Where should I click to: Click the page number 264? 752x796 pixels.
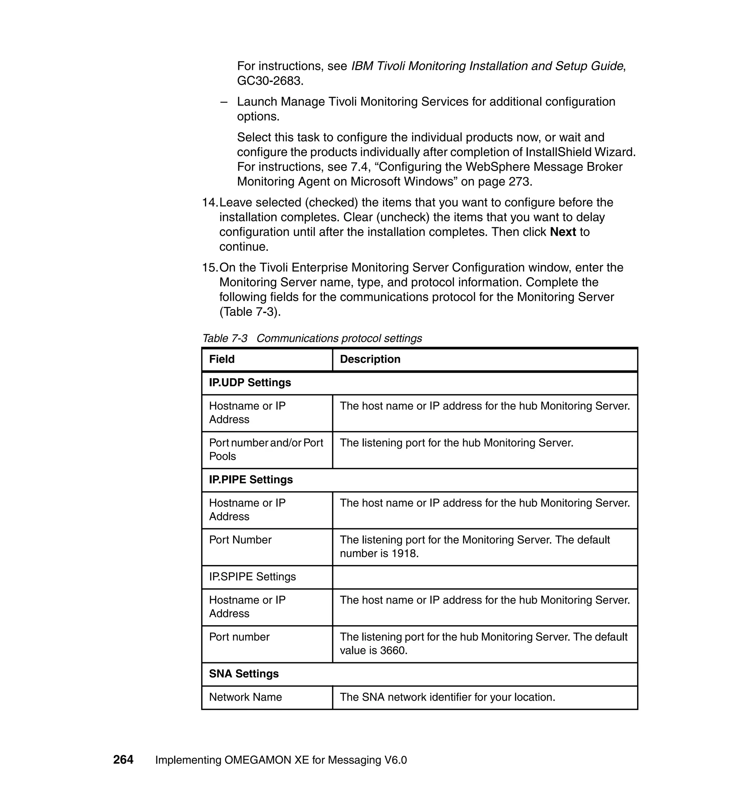pos(123,760)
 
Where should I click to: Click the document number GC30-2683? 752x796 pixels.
pos(270,81)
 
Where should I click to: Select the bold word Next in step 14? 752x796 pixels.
pos(563,232)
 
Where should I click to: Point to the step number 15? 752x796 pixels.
pos(209,267)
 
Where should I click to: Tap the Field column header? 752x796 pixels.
pos(222,359)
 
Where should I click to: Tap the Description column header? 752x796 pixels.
pos(370,359)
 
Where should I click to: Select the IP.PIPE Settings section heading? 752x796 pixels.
pos(251,480)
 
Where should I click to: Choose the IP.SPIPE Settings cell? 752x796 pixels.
pos(253,576)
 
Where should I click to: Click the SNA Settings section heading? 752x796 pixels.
pos(244,673)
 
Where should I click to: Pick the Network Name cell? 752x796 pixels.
pos(245,697)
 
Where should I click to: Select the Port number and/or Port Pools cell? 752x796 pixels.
pos(266,449)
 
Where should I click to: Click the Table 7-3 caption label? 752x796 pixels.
pos(225,338)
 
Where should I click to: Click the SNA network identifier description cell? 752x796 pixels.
pos(447,697)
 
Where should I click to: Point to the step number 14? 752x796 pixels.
pos(209,202)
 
